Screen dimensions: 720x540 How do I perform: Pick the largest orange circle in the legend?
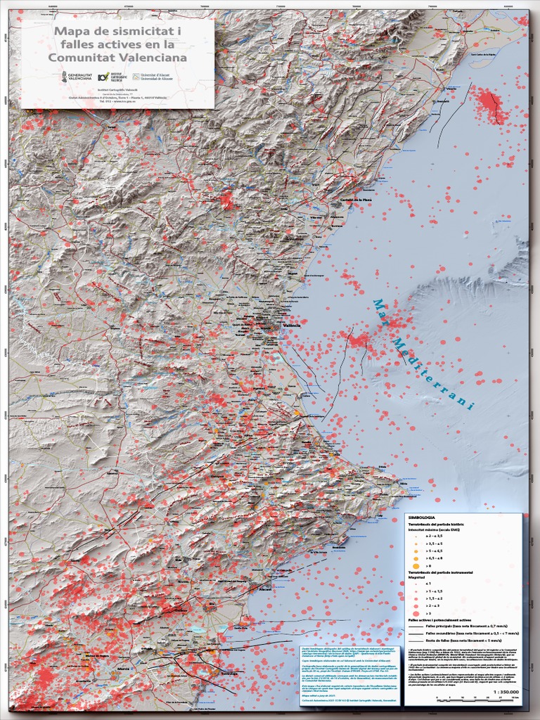(x=416, y=565)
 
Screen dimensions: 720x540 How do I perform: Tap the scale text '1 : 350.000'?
(x=506, y=692)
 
